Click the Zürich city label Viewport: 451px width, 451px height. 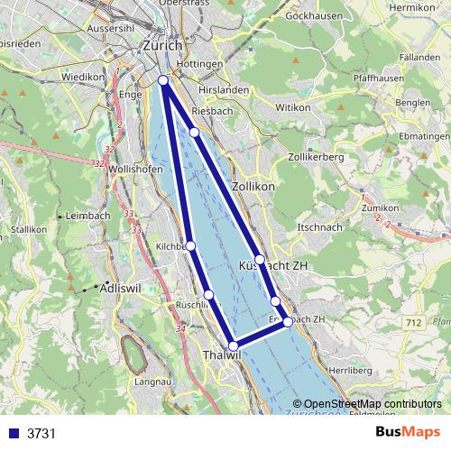click(162, 45)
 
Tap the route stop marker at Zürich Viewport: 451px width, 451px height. click(163, 81)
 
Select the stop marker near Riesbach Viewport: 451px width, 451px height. click(194, 133)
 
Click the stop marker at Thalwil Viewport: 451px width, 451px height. click(233, 345)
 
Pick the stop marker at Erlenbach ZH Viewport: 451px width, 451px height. click(288, 321)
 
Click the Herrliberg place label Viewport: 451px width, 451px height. click(326, 371)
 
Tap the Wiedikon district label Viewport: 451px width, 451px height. click(84, 78)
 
